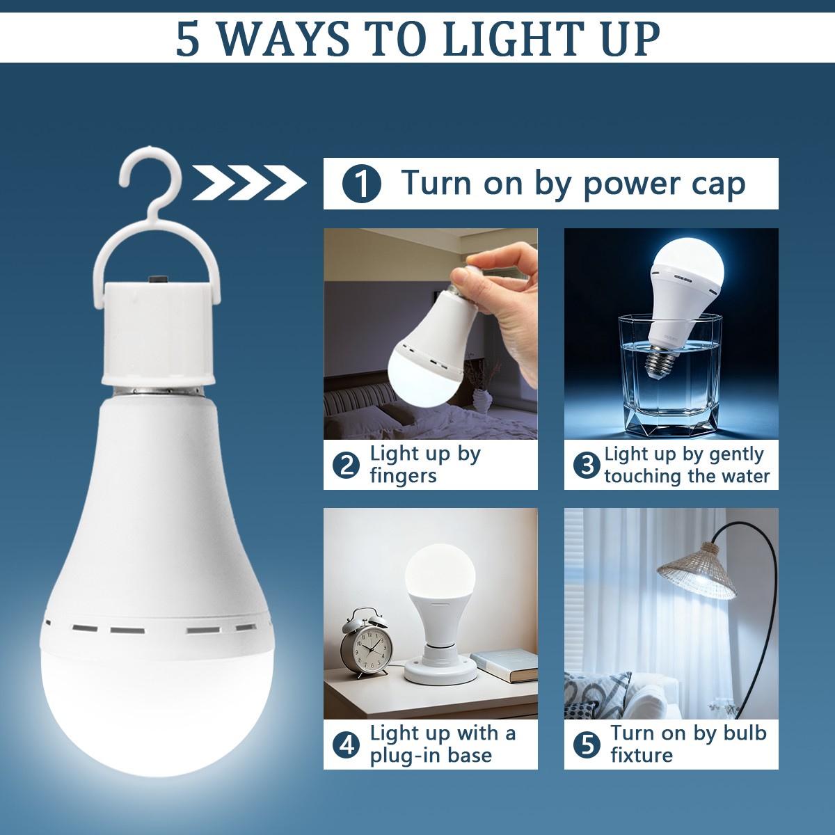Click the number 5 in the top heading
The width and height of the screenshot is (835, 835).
(188, 39)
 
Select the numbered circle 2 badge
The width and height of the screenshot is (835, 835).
(346, 465)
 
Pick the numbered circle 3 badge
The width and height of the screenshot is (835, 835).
(587, 465)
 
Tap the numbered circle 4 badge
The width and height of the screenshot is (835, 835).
(346, 745)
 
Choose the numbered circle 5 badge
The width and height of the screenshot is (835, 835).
(587, 745)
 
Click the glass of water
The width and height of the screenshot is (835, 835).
(670, 375)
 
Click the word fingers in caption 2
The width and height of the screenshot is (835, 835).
(403, 476)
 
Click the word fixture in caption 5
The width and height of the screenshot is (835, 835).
(642, 755)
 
